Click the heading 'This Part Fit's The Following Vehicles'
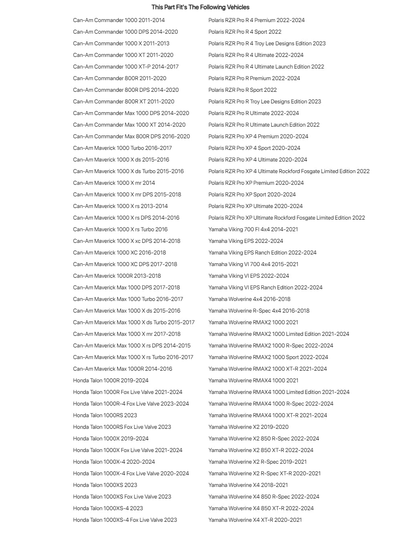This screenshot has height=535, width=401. pos(200,7)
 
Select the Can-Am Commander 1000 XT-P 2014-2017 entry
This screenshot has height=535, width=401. pos(126,67)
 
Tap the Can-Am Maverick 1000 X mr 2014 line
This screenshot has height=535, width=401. pos(114,183)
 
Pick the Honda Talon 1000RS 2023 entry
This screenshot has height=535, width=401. pos(105,415)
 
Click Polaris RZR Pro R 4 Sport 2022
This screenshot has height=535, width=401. pos(245,32)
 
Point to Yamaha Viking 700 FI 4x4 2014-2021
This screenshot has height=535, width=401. pos(253,229)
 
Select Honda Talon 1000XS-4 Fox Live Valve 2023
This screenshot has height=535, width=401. pos(125,520)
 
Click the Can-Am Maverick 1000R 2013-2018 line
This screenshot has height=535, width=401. pos(117,276)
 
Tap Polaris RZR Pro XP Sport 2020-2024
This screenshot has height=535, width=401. pos(252,194)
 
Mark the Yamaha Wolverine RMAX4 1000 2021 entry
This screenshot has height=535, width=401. pos(253,380)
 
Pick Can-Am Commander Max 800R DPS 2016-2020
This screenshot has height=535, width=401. pos(131,136)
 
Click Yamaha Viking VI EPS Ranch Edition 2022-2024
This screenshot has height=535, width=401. pos(265,287)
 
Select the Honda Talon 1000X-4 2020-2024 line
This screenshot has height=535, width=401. pos(114,462)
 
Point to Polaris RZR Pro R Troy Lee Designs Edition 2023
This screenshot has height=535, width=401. pos(264,101)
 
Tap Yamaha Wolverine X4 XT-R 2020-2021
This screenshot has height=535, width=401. pos(255,520)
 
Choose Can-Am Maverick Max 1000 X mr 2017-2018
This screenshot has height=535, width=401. pos(127,334)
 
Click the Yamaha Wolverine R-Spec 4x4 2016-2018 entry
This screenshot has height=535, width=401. pos(259,311)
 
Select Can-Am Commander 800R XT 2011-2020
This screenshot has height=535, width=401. pos(124,101)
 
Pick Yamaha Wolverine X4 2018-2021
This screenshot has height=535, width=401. pos(248,485)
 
